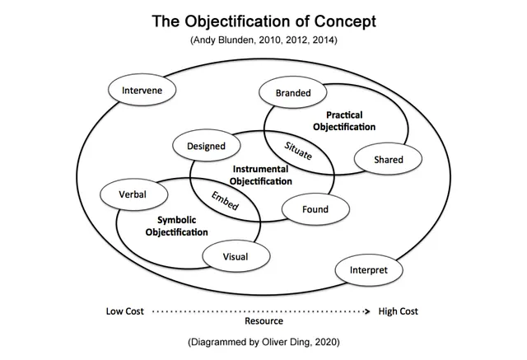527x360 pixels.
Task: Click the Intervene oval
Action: [x=142, y=90]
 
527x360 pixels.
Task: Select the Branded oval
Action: [x=293, y=93]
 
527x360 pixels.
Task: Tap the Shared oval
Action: [x=388, y=159]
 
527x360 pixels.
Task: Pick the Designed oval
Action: [x=205, y=147]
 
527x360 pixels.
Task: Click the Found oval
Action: [x=315, y=209]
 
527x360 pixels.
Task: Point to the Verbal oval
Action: [x=133, y=194]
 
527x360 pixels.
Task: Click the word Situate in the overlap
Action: [x=298, y=151]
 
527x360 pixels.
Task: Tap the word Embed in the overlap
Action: [x=225, y=200]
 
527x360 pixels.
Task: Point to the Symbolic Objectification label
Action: [x=176, y=227]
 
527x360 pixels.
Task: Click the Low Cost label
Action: [x=124, y=311]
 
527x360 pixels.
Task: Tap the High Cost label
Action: [x=398, y=311]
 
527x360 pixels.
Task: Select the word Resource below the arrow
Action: [x=263, y=321]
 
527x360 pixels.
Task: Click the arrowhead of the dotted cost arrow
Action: [x=368, y=311]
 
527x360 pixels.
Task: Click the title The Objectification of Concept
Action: [x=263, y=21]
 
